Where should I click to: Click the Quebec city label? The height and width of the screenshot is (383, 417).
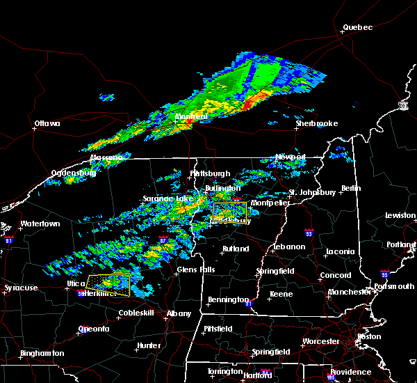pos(357,28)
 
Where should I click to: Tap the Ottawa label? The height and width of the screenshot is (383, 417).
pos(47,125)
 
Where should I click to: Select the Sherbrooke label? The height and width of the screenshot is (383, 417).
pos(316,123)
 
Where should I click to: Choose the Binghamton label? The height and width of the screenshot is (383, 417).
pos(42,354)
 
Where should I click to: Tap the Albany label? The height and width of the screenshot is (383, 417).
pos(179,314)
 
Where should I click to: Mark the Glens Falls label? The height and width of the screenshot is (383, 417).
pos(195,270)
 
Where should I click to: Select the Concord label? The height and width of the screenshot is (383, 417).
pos(335,276)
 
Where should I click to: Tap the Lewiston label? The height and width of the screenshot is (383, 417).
pos(400,216)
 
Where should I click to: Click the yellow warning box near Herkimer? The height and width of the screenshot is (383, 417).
pos(109,285)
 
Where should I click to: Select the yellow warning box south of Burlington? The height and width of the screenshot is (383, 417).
pos(229,211)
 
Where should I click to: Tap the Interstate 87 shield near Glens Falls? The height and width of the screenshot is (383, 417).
pos(162,240)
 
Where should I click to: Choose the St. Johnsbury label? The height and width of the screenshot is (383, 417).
pos(313,192)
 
